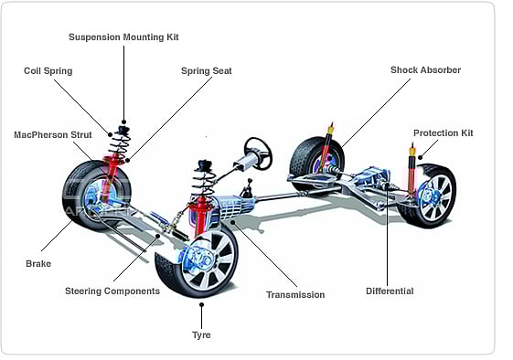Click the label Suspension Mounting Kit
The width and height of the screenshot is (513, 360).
(123, 37)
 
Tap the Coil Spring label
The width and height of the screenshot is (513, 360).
(48, 71)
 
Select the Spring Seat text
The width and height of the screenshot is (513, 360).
(207, 71)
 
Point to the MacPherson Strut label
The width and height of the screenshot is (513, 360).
(53, 134)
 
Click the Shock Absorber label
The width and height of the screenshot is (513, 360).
(425, 70)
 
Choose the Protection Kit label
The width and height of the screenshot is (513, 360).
(444, 133)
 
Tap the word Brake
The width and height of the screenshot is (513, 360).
(38, 263)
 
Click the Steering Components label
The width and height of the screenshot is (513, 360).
(112, 291)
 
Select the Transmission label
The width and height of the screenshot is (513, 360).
(295, 294)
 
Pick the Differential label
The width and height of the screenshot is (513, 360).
(390, 291)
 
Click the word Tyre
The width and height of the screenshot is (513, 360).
(201, 334)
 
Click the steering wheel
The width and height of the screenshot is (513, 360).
(259, 153)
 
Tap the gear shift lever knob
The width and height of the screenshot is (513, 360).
(250, 180)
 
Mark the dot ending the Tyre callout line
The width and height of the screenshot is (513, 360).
(201, 304)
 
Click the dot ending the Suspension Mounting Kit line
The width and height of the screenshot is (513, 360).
(123, 122)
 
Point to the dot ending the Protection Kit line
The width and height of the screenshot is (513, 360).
(420, 157)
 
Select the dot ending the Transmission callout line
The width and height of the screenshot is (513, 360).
(232, 222)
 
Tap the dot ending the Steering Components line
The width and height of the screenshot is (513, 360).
(157, 236)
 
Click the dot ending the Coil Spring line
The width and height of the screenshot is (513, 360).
(111, 134)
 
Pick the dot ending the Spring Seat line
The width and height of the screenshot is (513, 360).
(128, 160)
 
